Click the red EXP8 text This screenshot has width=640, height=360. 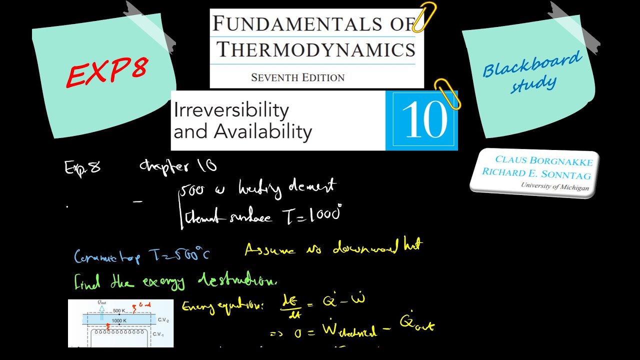107,70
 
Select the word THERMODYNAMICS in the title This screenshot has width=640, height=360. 316,49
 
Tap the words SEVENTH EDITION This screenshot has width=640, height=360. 297,77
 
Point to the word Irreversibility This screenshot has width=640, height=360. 231,110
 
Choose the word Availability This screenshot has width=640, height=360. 263,131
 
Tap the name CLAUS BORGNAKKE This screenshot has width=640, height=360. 544,161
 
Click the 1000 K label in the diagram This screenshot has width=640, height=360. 118,320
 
